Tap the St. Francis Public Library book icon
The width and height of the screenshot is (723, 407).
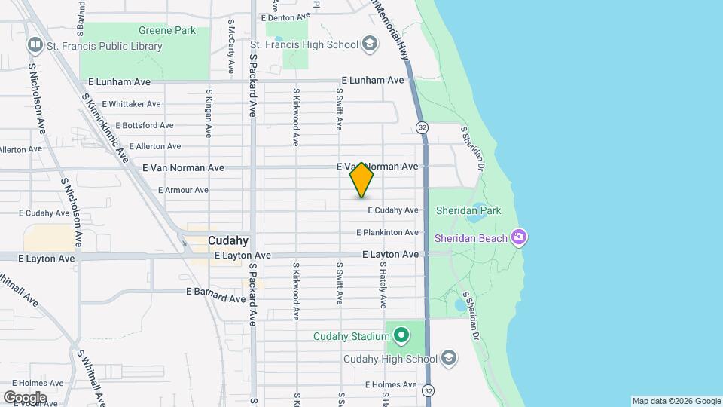[35, 46]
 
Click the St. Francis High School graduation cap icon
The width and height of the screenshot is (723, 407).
[369, 44]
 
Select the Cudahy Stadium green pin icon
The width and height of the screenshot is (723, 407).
[401, 334]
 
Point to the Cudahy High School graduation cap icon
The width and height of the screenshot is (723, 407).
[449, 358]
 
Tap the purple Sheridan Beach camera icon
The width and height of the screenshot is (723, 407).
[518, 238]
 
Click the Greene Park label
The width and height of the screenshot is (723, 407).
[167, 31]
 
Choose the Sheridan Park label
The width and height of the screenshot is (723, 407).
[468, 211]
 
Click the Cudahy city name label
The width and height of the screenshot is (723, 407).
[228, 241]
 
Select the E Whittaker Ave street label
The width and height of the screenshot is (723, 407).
[131, 104]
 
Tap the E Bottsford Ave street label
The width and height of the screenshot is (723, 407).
[137, 125]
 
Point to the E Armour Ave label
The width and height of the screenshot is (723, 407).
[183, 190]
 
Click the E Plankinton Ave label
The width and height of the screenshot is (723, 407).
[387, 233]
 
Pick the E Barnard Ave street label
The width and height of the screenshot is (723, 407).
[215, 290]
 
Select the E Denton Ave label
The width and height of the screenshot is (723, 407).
[285, 17]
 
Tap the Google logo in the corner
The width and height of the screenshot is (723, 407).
[26, 396]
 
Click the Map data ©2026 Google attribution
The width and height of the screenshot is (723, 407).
[676, 401]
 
